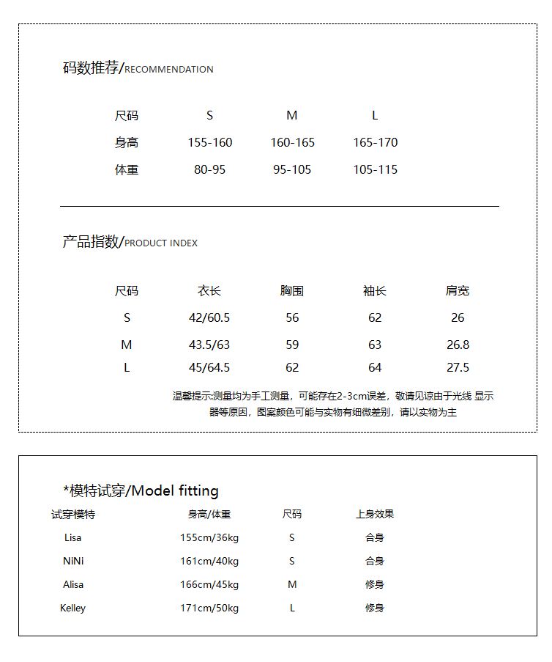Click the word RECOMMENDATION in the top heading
169,70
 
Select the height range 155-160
210,142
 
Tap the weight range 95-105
292,169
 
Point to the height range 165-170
375,142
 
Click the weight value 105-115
375,169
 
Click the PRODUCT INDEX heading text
161,243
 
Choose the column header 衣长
209,291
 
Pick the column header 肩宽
458,291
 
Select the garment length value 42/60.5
209,317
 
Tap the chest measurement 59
292,345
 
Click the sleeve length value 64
375,367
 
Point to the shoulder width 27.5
458,367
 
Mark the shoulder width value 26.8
458,345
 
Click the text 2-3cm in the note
353,396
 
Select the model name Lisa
73,537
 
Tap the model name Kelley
73,608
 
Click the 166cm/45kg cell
209,584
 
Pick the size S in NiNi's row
292,561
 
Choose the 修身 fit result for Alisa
375,584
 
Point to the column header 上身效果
375,515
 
